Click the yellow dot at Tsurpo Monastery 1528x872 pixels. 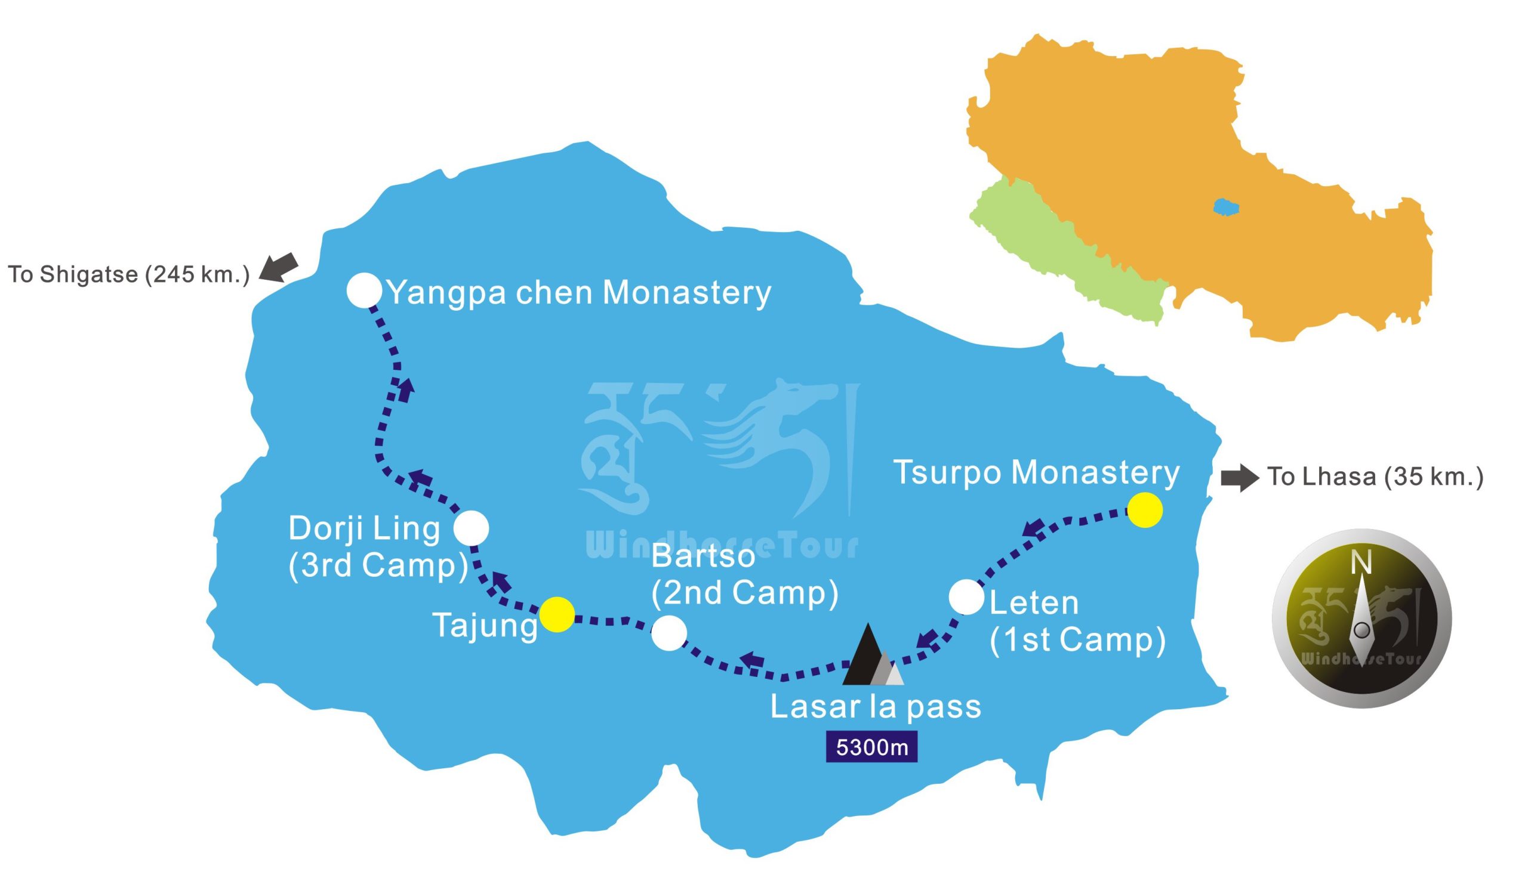1144,511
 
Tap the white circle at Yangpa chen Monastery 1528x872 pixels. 364,290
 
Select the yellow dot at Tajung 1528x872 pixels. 557,614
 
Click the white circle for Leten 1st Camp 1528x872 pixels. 966,597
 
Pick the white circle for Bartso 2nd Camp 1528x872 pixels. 668,633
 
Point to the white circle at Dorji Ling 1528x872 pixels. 471,528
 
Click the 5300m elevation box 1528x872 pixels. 871,747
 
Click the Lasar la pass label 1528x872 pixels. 876,707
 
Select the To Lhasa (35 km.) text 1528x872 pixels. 1375,477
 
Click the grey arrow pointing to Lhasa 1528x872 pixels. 1239,478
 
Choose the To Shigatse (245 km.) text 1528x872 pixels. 128,274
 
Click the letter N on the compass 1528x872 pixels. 1361,564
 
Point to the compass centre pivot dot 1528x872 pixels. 1361,630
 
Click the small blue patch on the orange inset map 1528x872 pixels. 1226,206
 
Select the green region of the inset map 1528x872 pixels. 1055,252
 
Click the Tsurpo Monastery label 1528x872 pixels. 1036,473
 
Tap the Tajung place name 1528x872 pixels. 485,626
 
